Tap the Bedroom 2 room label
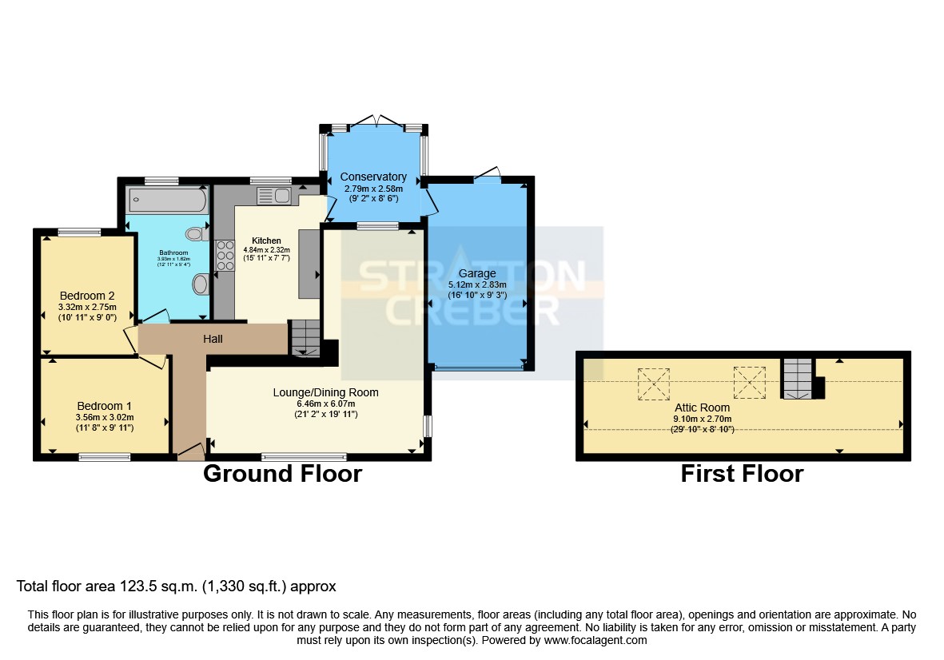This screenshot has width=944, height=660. (88, 295)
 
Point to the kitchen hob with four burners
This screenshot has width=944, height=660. (224, 256)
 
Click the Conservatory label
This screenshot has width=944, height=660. (373, 177)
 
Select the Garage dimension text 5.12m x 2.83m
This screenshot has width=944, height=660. (477, 284)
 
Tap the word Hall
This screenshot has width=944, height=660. (213, 339)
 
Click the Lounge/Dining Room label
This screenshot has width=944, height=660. (325, 392)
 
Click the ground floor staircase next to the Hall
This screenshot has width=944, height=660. (304, 336)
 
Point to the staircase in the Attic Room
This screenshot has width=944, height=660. (796, 377)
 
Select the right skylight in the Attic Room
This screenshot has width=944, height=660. (749, 381)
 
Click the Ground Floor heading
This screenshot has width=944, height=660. (282, 474)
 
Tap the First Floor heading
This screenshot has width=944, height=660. (742, 474)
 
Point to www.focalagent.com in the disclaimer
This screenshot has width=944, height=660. (595, 640)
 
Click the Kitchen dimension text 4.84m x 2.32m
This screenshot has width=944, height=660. (267, 249)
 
